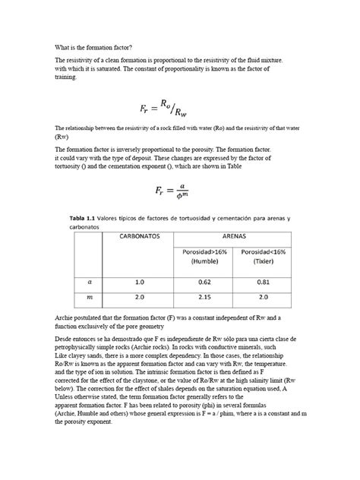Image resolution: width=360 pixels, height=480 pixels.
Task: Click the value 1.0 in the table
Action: [x=140, y=281]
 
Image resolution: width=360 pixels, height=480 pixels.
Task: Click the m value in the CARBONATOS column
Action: [x=140, y=298]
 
